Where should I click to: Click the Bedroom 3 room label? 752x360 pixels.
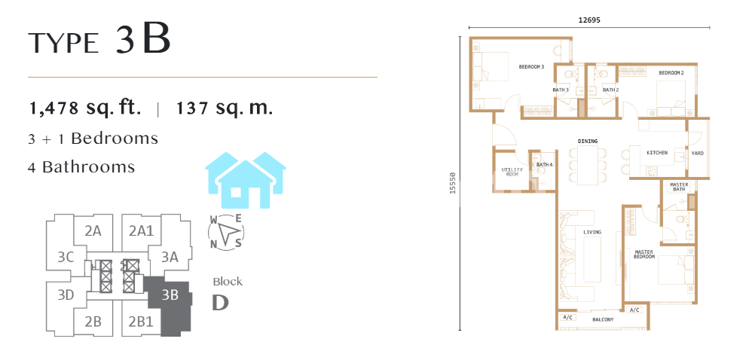pos(531,67)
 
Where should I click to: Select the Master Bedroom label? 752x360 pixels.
pos(644,255)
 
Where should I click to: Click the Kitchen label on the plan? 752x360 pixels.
pos(657,153)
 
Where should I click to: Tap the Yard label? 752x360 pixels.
pos(697,154)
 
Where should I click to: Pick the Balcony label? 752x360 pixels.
pos(603,320)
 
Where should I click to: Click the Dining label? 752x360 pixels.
pos(588,142)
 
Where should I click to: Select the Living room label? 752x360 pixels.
pos(592,233)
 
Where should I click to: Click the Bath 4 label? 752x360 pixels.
pos(545,165)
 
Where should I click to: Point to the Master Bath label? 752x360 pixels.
pos(679,187)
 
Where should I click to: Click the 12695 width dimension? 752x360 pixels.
pos(589,20)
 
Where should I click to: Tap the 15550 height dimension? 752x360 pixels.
pos(451,184)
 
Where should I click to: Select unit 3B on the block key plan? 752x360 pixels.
pos(170,294)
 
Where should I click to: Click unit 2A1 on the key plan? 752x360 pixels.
pos(141,231)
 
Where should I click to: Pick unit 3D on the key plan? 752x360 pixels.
pos(66,294)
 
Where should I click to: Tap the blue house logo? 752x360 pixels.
pos(246,180)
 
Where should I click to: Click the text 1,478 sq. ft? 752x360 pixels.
pos(85,108)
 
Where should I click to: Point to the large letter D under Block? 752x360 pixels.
pos(220,303)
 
